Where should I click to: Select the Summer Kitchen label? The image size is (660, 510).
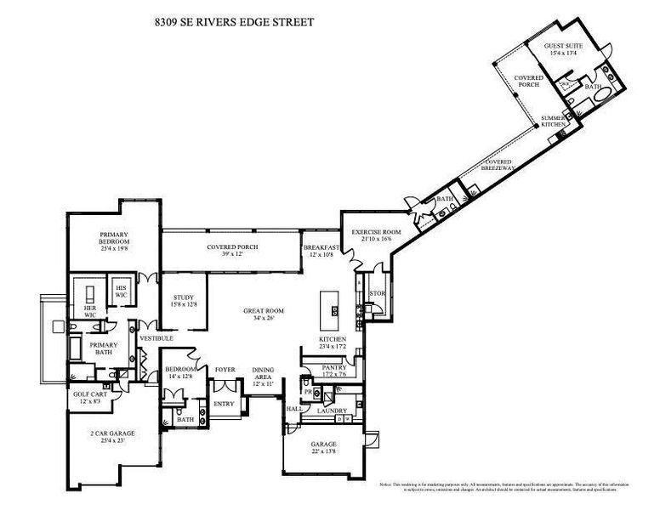click(x=553, y=121)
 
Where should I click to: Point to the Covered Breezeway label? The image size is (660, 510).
click(x=498, y=166)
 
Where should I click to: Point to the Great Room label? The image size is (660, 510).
click(x=263, y=314)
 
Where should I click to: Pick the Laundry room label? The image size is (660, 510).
click(x=331, y=411)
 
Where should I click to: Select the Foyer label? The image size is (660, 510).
click(x=225, y=370)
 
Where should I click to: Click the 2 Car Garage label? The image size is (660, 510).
click(x=113, y=436)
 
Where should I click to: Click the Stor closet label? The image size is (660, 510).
click(x=377, y=294)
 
